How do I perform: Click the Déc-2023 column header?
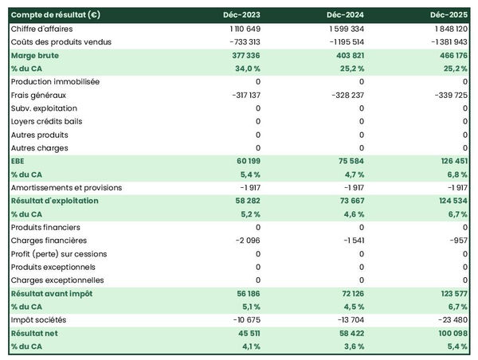[243, 15]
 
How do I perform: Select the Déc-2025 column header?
[449, 15]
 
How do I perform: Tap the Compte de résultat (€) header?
[56, 15]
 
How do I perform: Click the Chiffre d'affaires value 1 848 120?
[447, 29]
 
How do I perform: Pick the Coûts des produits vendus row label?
[61, 41]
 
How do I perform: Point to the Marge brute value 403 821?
[347, 56]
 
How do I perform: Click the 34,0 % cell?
[245, 68]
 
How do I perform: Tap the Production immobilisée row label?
[56, 81]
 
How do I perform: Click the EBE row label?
[19, 161]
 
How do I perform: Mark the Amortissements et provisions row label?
[66, 187]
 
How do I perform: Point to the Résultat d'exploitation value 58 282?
[243, 201]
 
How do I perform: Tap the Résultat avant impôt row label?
[52, 294]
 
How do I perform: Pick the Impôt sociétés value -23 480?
[449, 320]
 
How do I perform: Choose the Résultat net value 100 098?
[449, 333]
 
